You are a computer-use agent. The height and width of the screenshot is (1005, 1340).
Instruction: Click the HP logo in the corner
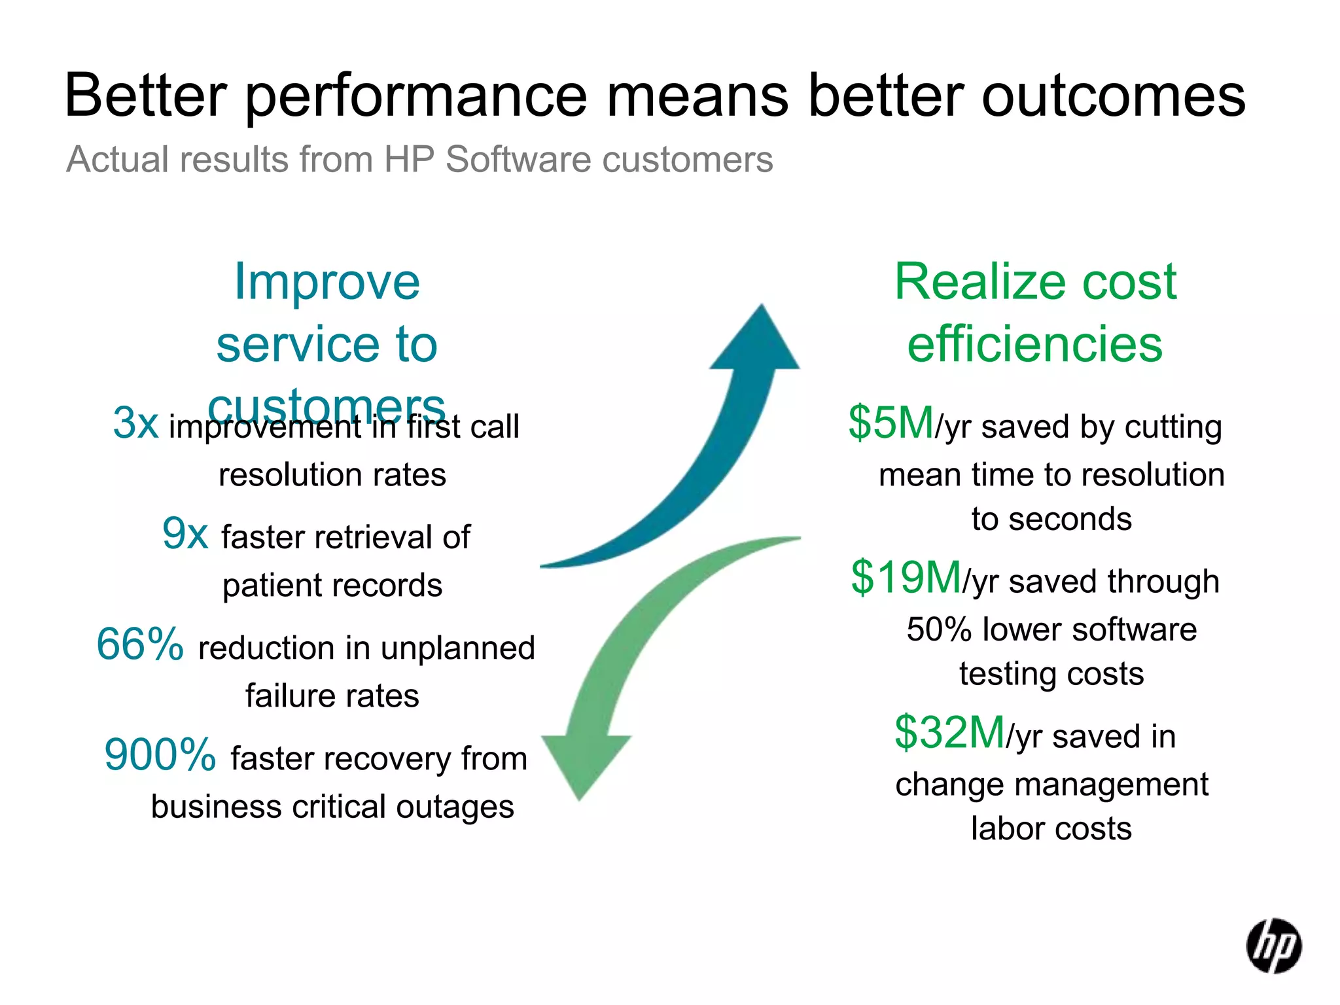[x=1273, y=946]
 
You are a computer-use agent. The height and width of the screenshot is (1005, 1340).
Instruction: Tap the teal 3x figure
[x=136, y=423]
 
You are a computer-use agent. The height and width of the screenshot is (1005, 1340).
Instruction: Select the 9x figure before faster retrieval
[x=185, y=534]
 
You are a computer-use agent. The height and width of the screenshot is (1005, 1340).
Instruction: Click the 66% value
[x=140, y=644]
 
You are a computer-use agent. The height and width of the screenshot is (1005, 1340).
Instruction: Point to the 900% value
[x=160, y=755]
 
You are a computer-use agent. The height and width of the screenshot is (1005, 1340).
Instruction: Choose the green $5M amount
[x=891, y=423]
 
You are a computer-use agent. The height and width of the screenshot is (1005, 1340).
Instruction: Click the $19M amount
[x=906, y=578]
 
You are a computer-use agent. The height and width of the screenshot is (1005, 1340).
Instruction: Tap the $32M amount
[x=949, y=733]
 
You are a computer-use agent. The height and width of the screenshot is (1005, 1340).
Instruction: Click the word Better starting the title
[x=146, y=96]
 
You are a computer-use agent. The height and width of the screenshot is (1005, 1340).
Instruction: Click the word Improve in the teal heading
[x=327, y=282]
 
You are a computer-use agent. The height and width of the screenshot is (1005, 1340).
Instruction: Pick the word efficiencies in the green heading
[x=1035, y=344]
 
